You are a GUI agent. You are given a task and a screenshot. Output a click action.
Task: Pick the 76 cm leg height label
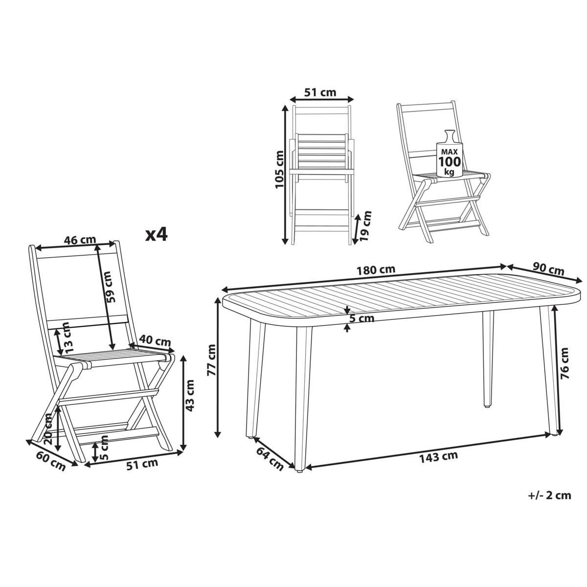coord(564,363)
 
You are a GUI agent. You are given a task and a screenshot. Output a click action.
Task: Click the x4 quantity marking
coord(156,235)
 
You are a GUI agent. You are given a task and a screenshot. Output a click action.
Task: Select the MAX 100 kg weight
coord(450,162)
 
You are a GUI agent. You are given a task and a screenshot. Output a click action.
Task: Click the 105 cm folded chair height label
coord(279,169)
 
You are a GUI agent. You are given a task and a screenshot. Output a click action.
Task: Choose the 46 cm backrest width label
coord(80,240)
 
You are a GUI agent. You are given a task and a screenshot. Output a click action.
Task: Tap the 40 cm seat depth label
coord(155,340)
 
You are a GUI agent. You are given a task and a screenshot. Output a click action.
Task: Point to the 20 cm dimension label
coord(48,426)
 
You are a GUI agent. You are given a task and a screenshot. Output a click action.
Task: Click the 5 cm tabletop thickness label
coord(361,318)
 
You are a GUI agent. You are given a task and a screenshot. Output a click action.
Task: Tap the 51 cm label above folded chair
coord(320,92)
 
